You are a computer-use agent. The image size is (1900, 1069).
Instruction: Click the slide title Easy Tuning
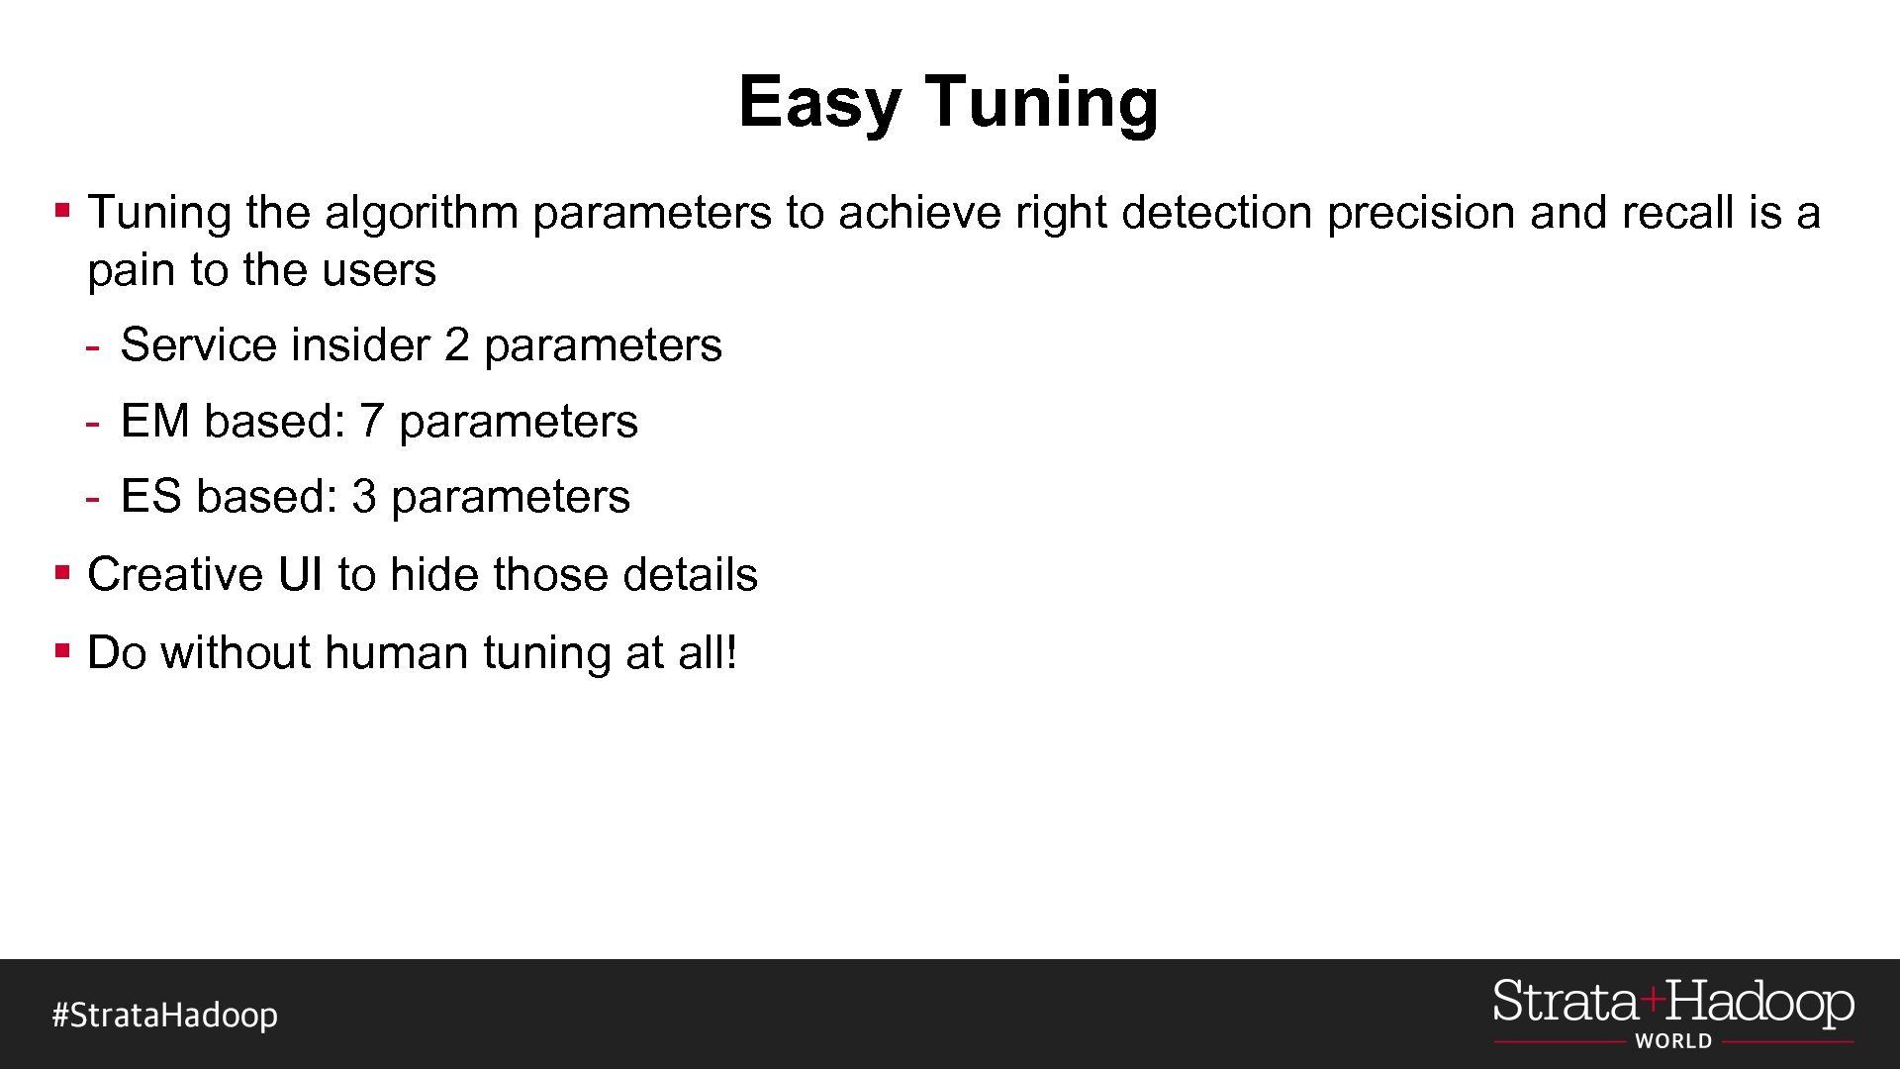click(948, 102)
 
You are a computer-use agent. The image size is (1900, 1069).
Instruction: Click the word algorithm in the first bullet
click(422, 213)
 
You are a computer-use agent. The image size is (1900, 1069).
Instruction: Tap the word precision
click(1420, 213)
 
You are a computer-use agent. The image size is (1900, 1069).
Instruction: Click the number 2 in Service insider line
click(456, 345)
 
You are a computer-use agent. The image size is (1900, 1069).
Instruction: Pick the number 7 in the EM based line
click(371, 422)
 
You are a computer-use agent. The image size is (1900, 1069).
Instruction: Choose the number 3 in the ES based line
click(364, 497)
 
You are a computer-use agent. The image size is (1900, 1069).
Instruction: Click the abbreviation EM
click(154, 422)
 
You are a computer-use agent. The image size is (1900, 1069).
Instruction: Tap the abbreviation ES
click(150, 497)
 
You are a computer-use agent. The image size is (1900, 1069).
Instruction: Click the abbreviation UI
click(301, 575)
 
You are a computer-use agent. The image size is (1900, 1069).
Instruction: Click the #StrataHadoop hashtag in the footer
click(165, 1016)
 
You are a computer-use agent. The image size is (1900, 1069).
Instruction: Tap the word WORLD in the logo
click(1673, 1041)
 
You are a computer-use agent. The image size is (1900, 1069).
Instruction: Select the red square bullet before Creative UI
click(63, 572)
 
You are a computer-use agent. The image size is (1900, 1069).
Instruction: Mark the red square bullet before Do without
click(63, 650)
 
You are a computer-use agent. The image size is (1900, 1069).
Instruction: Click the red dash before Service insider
click(92, 347)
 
